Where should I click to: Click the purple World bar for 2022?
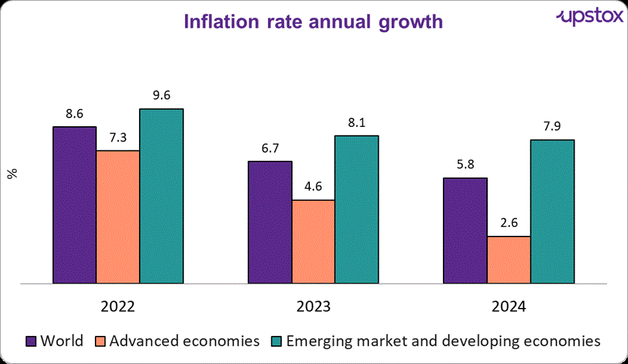(x=75, y=205)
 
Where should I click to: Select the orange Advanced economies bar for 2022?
(x=118, y=217)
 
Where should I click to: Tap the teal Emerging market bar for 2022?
(x=161, y=196)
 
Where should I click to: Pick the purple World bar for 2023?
(x=270, y=222)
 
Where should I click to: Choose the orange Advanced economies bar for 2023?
(x=313, y=242)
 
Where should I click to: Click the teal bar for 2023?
(x=357, y=210)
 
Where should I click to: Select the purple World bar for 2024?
(x=465, y=231)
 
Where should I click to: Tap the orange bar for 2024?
(x=508, y=260)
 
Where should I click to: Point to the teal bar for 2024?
(x=552, y=212)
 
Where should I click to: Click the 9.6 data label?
(x=161, y=96)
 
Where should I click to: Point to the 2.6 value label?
(x=508, y=224)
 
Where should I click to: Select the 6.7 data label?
(x=270, y=148)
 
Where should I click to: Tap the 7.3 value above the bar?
(x=118, y=138)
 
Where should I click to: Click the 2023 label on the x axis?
(x=313, y=307)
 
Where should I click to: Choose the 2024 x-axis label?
(x=508, y=307)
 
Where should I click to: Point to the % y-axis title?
(x=12, y=173)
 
